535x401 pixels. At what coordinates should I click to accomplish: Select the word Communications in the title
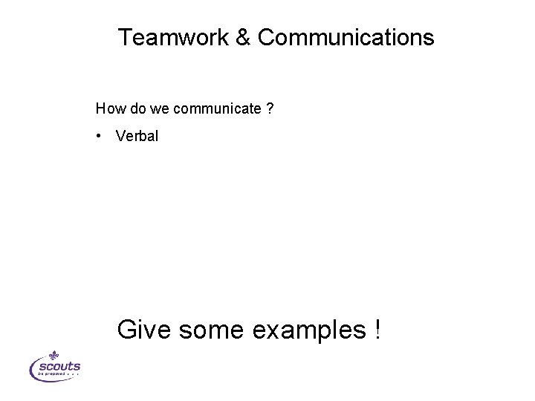[345, 38]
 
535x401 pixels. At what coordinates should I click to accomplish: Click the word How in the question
[108, 110]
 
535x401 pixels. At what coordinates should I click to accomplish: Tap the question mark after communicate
[270, 110]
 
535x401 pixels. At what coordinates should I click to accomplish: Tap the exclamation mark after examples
[376, 327]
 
